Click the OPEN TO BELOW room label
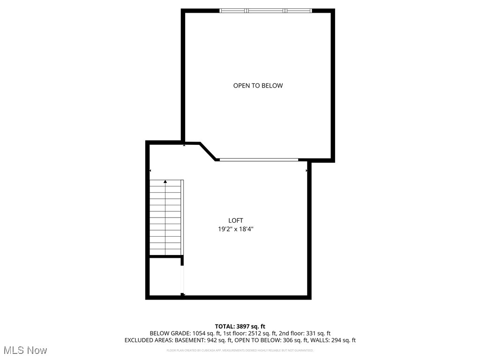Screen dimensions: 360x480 click(258, 86)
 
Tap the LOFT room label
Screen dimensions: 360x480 click(236, 220)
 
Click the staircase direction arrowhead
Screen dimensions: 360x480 click(165, 181)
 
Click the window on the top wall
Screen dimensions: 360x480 click(266, 10)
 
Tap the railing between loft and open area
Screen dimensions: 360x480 click(258, 160)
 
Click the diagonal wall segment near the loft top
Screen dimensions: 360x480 click(208, 151)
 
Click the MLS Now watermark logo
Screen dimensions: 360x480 click(25, 350)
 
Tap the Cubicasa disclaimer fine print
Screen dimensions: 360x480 click(240, 350)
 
